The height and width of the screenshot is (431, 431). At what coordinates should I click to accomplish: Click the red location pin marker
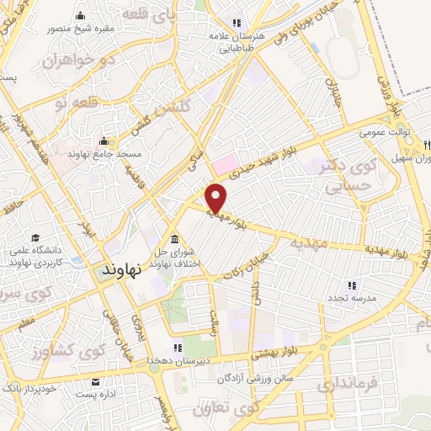click(x=217, y=197)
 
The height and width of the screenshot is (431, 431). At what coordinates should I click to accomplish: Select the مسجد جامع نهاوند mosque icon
click(x=104, y=141)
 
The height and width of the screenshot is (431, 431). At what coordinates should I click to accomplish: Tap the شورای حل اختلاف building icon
click(x=173, y=238)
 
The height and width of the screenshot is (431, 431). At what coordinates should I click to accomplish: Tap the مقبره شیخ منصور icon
click(x=80, y=16)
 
